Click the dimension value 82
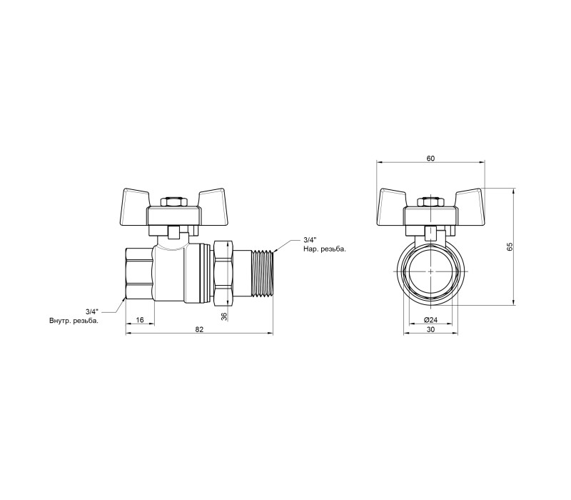[199, 329]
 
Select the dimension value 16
[140, 320]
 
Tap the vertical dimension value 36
[224, 316]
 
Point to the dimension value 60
[430, 158]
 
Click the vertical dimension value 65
[510, 246]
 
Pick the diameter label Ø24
[430, 320]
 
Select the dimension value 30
[430, 329]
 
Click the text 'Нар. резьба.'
[325, 249]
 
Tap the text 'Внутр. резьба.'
[74, 321]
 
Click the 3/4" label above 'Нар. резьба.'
[310, 240]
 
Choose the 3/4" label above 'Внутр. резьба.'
[92, 312]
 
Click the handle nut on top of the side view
[173, 202]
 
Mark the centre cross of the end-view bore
[430, 271]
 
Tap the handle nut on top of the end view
[430, 202]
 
